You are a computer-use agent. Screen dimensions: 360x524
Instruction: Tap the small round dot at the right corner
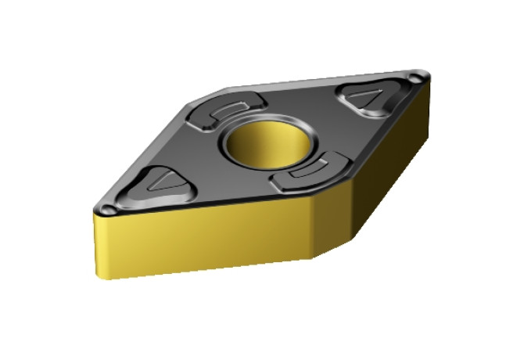(x=415, y=77)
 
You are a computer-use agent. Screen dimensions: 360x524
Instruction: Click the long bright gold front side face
(x=203, y=239)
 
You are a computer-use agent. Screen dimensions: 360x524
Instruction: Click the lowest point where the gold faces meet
(x=315, y=258)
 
